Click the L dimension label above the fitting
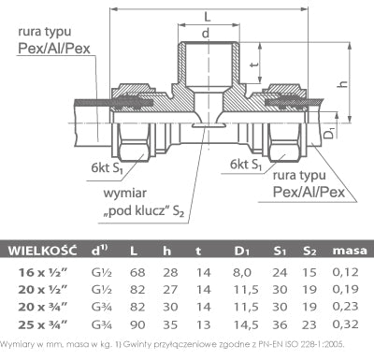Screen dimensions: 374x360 pyautogui.click(x=208, y=16)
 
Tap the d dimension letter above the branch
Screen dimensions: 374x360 pyautogui.click(x=206, y=33)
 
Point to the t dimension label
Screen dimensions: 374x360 pyautogui.click(x=254, y=65)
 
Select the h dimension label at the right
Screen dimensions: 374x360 pyautogui.click(x=343, y=83)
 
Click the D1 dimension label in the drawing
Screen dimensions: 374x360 pyautogui.click(x=329, y=132)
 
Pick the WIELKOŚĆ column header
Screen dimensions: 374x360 pyautogui.click(x=42, y=251)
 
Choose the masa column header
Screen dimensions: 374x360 pyautogui.click(x=350, y=251)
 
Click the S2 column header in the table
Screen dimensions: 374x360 pyautogui.click(x=309, y=251)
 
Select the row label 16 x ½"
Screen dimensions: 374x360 pyautogui.click(x=43, y=272)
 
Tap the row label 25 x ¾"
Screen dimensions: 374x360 pyautogui.click(x=43, y=325)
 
